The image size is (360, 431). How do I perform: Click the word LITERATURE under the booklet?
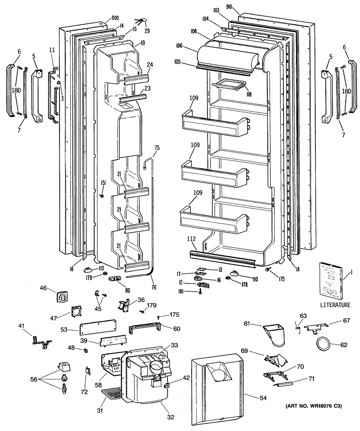[x=335, y=305]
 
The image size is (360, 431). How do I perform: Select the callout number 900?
[x=116, y=18]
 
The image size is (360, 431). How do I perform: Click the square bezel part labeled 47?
[x=76, y=312]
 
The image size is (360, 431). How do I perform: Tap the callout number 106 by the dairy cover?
[x=189, y=46]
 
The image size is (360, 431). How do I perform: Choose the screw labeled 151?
[x=102, y=196]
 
